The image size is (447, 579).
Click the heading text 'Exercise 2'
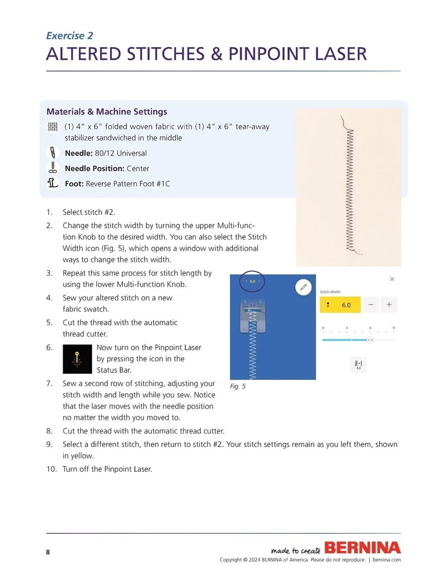click(69, 36)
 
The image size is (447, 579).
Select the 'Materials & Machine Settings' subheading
click(107, 112)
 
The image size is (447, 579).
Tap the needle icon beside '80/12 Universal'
click(52, 153)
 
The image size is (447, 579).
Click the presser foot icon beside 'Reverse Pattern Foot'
click(52, 183)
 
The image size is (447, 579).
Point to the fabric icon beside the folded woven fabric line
click(52, 127)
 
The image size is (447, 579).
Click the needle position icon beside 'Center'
click(52, 168)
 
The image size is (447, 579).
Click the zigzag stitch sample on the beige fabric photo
click(349, 187)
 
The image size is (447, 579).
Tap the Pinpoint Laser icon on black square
click(77, 359)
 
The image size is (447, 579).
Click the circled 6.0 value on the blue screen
click(252, 281)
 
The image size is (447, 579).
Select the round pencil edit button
click(304, 287)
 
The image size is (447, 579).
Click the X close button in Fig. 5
click(392, 279)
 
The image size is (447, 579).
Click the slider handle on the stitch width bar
click(370, 340)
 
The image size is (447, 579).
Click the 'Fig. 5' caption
click(238, 387)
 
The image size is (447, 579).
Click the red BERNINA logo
click(362, 548)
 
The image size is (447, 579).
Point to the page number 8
click(48, 552)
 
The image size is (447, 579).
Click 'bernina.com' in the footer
click(387, 560)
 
